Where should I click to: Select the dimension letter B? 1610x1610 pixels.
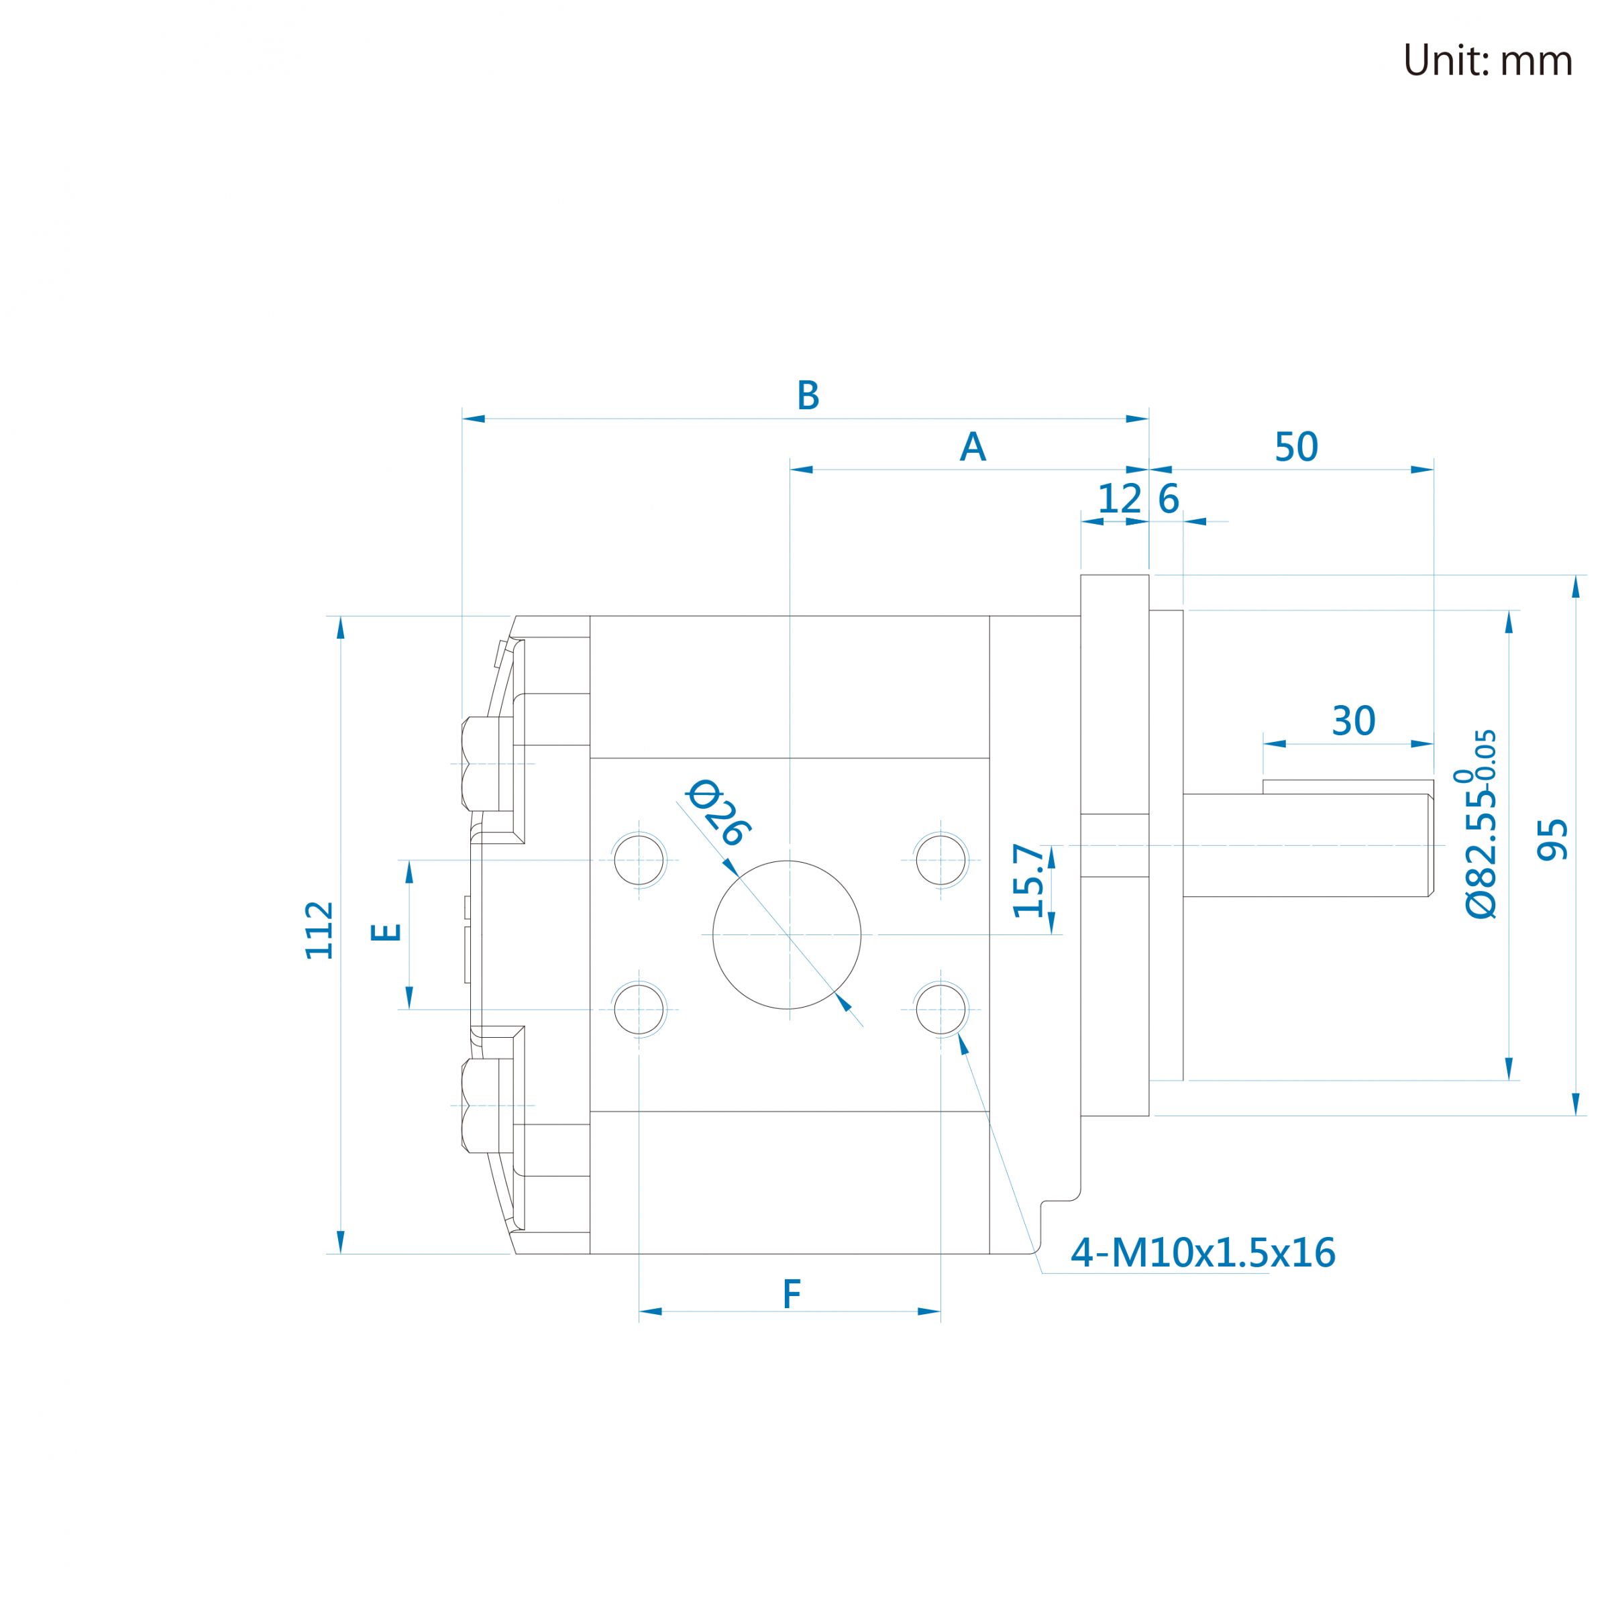coord(808,396)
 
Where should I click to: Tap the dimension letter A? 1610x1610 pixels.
coord(973,447)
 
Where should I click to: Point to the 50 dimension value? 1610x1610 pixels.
coord(1297,447)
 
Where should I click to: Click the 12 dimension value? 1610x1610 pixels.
coord(1119,499)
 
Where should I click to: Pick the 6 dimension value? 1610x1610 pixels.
coord(1169,499)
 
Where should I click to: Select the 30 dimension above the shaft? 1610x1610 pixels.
coord(1353,722)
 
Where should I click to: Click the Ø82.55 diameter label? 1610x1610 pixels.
coord(1481,824)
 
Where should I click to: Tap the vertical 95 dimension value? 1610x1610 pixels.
coord(1552,839)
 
